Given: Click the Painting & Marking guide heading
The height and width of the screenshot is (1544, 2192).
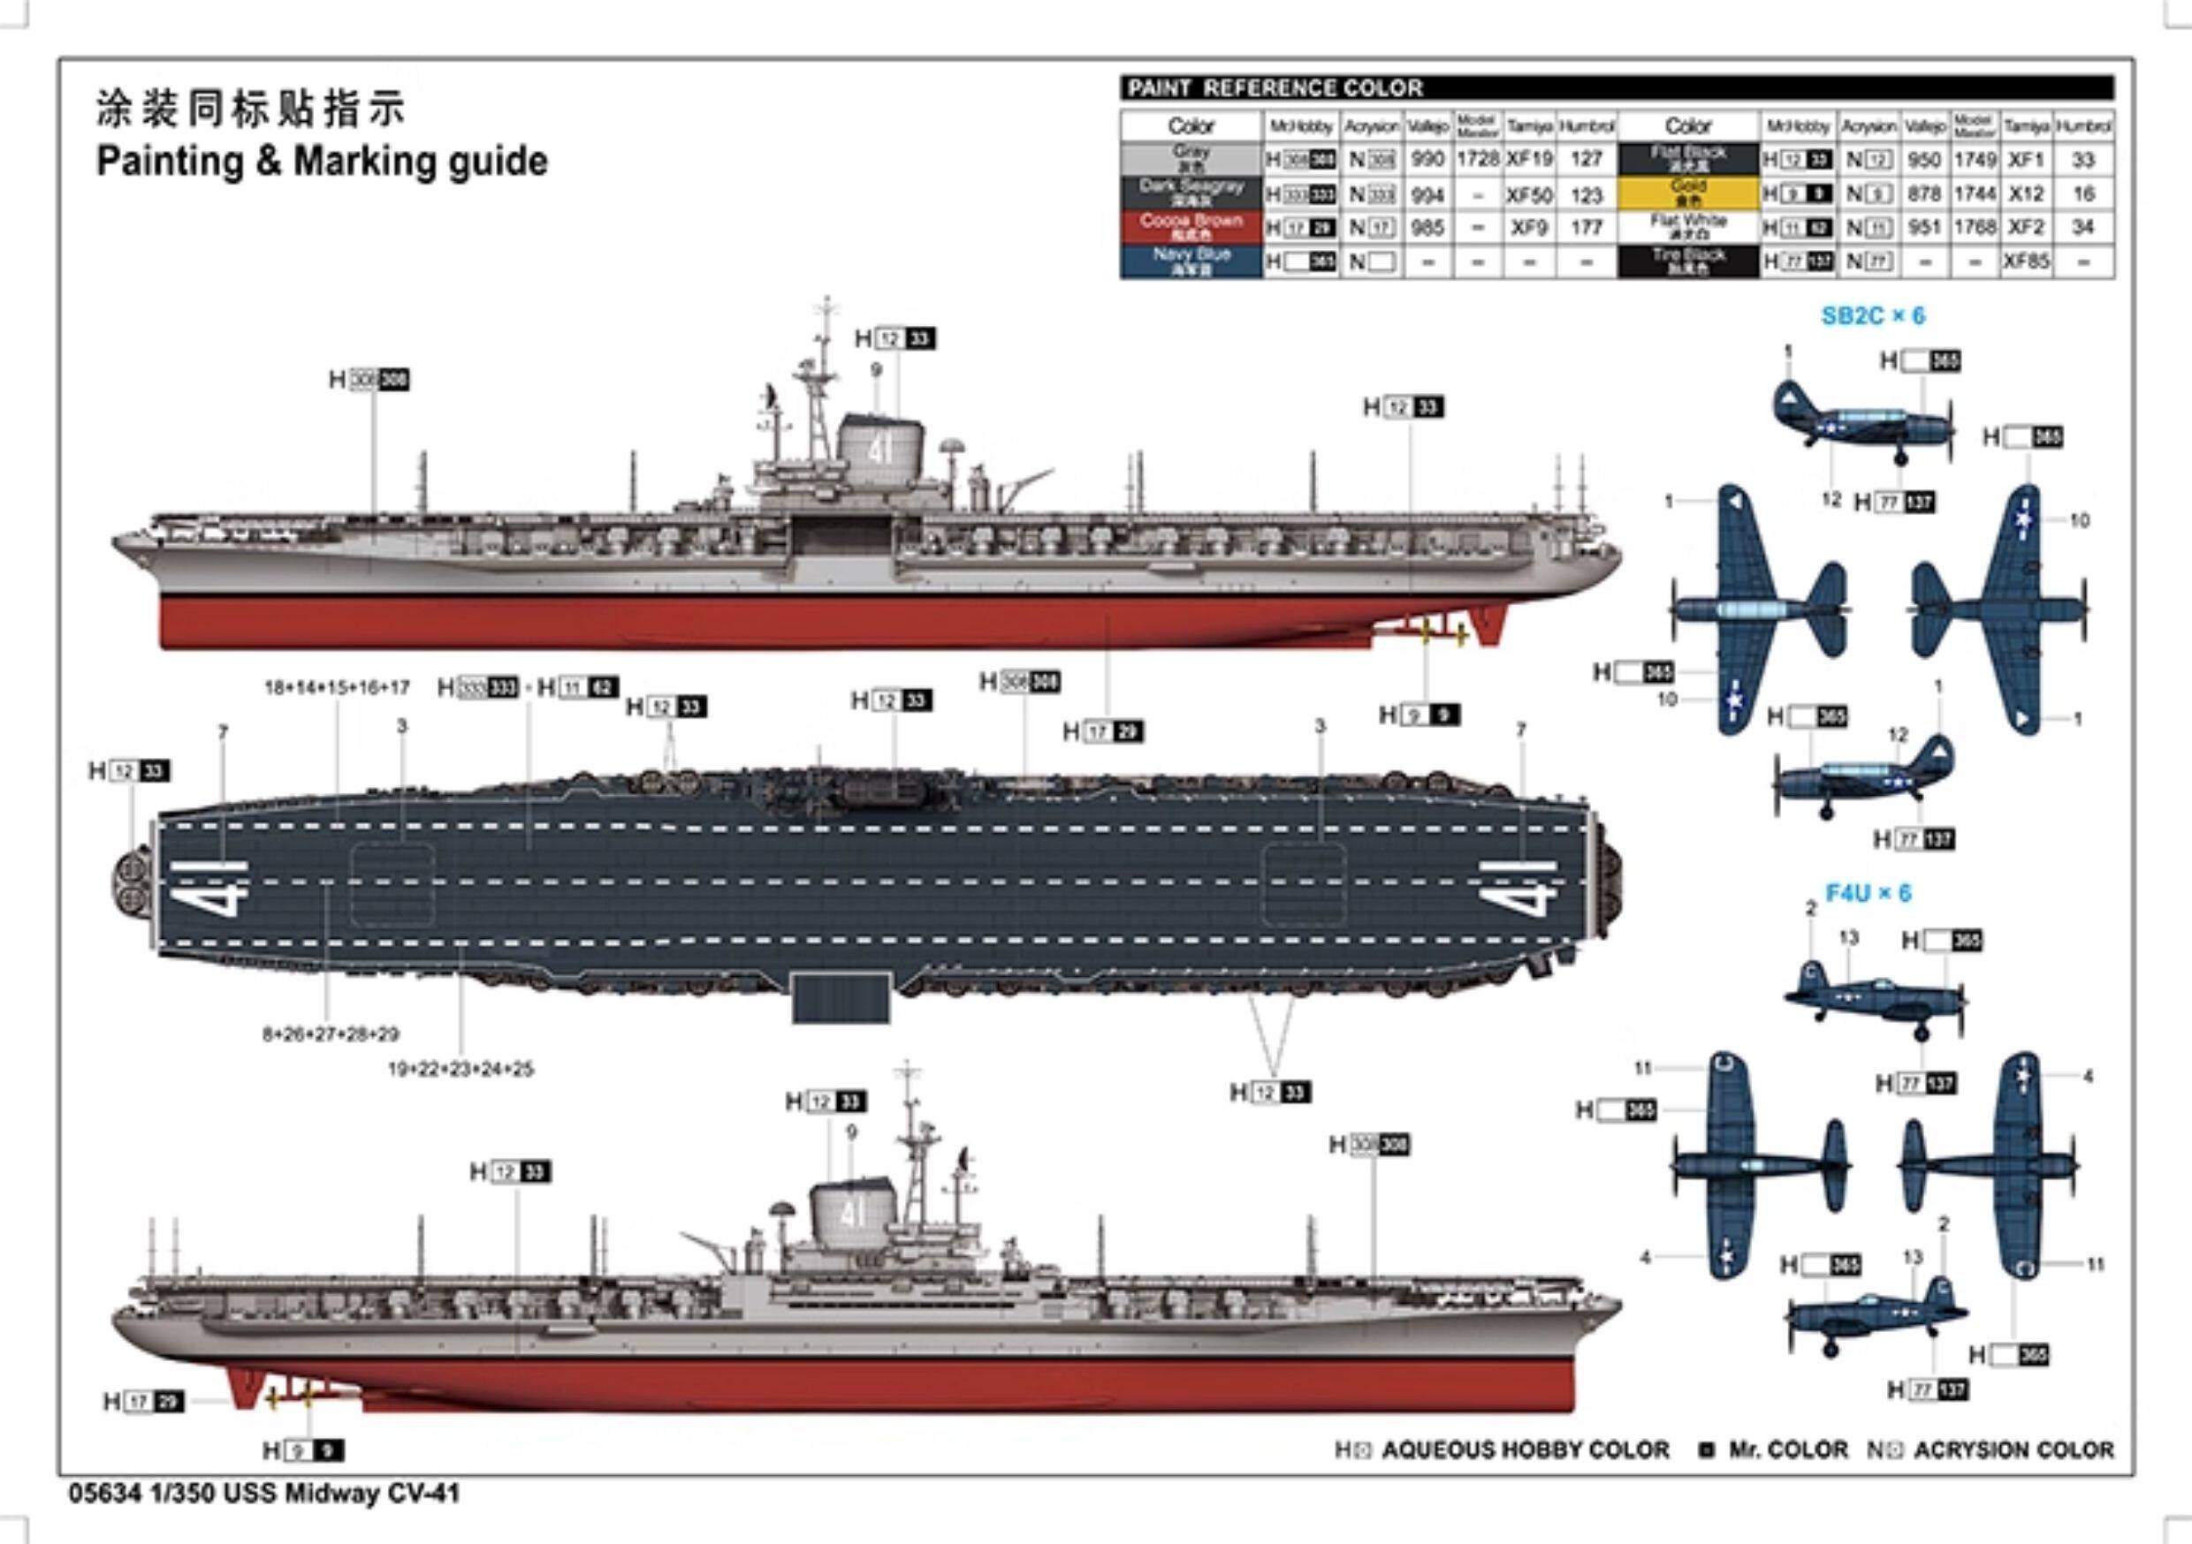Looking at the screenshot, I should (322, 162).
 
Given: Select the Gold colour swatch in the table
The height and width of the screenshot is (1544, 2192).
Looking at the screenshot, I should (1688, 193).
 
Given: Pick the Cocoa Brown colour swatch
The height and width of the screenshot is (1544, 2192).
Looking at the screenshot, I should (1191, 227).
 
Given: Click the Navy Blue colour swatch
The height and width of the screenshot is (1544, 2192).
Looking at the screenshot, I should (1191, 261).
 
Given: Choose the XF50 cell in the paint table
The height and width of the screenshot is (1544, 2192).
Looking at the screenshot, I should (1529, 194).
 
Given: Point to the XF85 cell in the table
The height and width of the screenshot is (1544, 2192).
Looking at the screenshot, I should (2026, 261).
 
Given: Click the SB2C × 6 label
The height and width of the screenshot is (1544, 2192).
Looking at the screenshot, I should (1873, 316).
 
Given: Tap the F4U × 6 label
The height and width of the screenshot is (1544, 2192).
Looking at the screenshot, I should (1868, 893).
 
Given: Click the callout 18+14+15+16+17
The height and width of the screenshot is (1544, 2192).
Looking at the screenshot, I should (337, 687).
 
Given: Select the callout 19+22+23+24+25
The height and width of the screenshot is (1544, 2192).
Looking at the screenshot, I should (460, 1070).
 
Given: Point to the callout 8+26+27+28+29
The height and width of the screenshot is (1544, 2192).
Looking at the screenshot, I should (331, 1033).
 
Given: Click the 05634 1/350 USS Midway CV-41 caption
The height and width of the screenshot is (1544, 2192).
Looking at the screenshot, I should (264, 1494).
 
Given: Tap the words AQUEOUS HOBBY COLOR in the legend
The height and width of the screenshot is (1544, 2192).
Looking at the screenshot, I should (1525, 1450).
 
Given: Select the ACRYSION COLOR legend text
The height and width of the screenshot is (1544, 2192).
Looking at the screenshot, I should (2013, 1450).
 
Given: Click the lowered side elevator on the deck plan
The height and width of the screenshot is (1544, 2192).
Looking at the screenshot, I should (841, 997).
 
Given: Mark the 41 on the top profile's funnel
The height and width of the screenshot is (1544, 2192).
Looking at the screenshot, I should (879, 450).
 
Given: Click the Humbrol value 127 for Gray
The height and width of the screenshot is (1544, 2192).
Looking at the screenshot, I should (1586, 159).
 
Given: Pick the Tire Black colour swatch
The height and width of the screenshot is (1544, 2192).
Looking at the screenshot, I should (1688, 261).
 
